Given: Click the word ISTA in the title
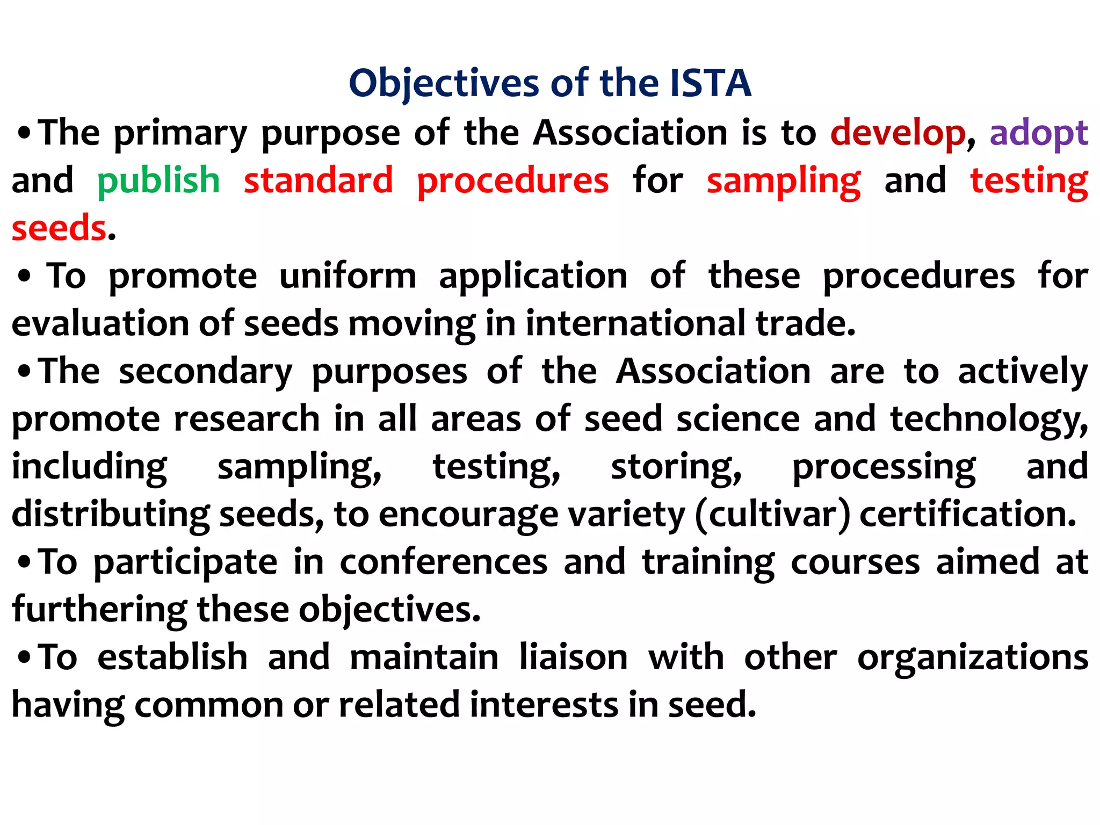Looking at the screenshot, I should click(710, 83).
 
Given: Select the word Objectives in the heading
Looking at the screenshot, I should click(444, 84).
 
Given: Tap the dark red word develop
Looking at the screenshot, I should click(898, 133).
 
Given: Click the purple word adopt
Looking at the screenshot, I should click(1039, 133).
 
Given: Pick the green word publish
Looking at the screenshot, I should click(158, 180).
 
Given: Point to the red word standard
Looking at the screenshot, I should click(319, 180).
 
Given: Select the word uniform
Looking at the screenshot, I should click(348, 276).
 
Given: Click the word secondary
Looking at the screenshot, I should click(206, 372).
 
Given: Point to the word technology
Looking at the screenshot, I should click(988, 419).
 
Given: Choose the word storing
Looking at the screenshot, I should click(676, 467).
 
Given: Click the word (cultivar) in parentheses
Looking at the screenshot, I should click(772, 515).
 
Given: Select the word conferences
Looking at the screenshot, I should click(444, 562).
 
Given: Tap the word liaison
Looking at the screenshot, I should click(573, 657).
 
